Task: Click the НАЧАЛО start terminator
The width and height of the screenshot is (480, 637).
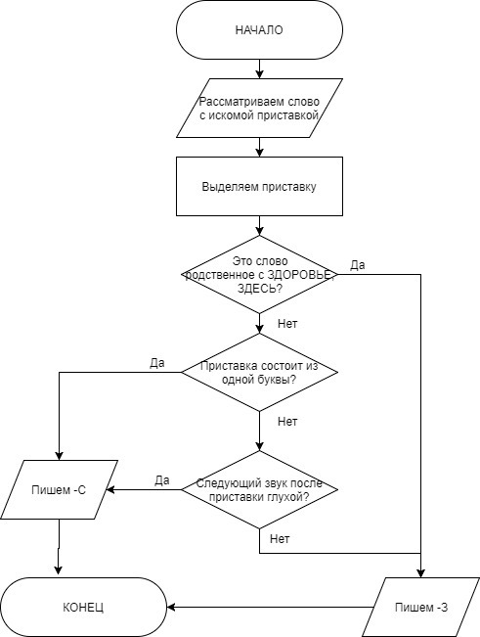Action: coord(259,29)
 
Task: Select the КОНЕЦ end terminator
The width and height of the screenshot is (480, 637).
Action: coord(83,607)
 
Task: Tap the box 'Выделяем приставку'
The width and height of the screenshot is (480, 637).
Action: coord(259,187)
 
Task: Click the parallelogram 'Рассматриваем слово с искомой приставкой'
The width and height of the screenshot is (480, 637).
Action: coord(259,108)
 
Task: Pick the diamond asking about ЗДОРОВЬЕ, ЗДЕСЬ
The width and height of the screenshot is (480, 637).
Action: coord(259,275)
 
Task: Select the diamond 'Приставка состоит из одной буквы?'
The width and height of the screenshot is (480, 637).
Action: coord(259,372)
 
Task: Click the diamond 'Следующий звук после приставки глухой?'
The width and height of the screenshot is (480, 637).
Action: coord(259,489)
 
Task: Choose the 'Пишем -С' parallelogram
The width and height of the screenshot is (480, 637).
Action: coord(59,489)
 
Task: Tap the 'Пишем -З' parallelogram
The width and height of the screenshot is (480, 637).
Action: coord(420,607)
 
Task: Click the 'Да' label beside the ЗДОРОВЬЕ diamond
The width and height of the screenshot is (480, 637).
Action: coord(358,265)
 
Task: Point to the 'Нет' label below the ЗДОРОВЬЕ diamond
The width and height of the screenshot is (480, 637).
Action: coord(287,323)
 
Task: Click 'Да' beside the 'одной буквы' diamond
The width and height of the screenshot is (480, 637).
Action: coord(157,362)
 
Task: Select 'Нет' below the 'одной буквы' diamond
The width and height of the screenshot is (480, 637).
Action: coord(287,422)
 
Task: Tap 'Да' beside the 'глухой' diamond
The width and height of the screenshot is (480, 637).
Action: coord(162,480)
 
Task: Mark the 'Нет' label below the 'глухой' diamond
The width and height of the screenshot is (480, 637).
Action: coord(280,539)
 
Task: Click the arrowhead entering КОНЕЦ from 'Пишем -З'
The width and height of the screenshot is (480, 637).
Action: coord(171,607)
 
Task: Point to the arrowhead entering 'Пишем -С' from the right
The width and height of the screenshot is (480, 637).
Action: coord(109,489)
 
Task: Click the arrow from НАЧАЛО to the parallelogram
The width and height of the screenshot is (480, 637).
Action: coord(259,68)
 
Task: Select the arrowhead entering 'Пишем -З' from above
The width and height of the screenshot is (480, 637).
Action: coord(420,573)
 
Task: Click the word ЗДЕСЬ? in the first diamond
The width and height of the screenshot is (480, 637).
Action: coord(260,289)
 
